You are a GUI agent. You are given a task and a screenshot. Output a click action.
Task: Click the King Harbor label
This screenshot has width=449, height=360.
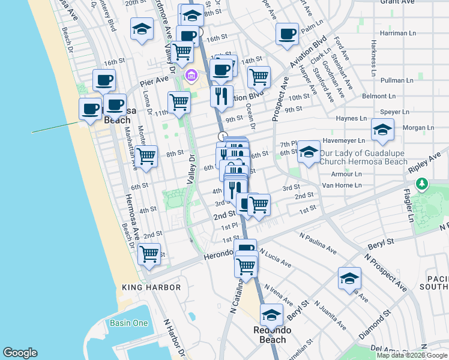click(x=151, y=287)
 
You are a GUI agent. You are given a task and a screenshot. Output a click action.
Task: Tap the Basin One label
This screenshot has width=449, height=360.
click(x=128, y=323)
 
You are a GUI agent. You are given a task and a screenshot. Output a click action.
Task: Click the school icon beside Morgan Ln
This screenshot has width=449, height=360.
click(x=382, y=129)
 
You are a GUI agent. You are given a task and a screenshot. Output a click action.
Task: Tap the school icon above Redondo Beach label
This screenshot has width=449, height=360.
click(x=271, y=314)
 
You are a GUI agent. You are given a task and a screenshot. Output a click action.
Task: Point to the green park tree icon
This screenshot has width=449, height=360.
click(x=424, y=183)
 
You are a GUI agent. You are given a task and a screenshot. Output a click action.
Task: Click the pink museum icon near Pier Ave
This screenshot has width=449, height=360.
click(x=191, y=75)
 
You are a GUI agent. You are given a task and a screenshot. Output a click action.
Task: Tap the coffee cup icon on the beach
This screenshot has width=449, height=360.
click(x=90, y=109)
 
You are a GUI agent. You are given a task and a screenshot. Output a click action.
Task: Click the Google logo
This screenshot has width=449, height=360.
click(x=20, y=353)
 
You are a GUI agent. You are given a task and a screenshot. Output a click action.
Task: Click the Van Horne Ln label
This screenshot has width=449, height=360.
click(x=342, y=185)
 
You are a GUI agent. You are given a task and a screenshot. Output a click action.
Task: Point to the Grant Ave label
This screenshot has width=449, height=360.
click(x=399, y=2)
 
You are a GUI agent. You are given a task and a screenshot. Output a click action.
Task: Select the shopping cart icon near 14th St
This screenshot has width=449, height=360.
click(x=259, y=76)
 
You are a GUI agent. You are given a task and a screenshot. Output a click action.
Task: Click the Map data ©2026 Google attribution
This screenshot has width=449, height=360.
click(x=412, y=355)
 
